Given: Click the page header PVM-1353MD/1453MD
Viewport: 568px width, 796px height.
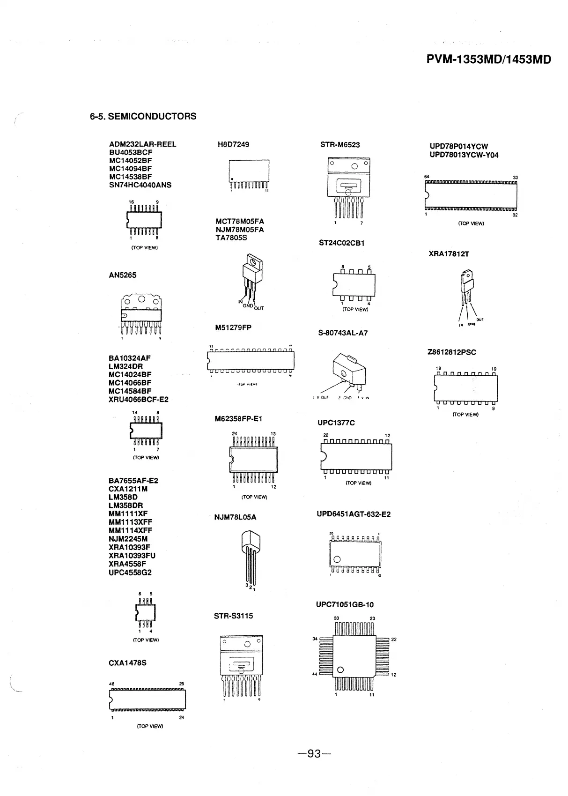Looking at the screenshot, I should coord(489,60).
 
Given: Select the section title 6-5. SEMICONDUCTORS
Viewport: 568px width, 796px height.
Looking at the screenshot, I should coord(143,116).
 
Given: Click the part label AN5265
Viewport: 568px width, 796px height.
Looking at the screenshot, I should coord(123,275).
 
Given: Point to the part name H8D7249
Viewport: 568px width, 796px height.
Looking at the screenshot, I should coord(233,144).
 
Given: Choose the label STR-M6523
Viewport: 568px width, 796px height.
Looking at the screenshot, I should coord(340,145).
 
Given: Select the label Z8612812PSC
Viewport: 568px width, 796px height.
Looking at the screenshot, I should coord(452,352).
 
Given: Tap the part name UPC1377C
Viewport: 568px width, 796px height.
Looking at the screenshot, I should coord(336,423).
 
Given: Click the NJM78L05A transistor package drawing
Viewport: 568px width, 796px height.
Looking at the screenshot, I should coord(250,558).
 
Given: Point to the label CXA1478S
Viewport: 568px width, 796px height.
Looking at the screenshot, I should coord(127,663).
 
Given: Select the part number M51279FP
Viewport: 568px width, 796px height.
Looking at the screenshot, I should coord(233,327).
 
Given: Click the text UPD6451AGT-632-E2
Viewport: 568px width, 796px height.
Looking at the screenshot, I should coord(354,514).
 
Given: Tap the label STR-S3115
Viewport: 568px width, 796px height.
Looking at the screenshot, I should coord(233,616).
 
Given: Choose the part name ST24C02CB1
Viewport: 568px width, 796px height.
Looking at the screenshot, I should coord(342,243).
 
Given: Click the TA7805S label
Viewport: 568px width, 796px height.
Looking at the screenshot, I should coord(231,238).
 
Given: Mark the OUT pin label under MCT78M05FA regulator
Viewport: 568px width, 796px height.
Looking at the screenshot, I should coord(259,308).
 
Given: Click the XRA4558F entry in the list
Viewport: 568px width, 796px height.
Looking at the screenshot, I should coord(127,564).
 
